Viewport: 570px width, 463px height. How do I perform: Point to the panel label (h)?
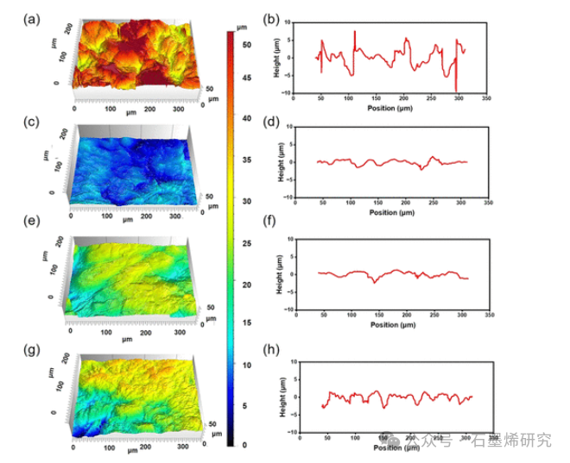pyautogui.click(x=271, y=351)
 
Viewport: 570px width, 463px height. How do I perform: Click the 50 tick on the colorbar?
pyautogui.click(x=247, y=43)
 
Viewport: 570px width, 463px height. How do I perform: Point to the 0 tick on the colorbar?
pyautogui.click(x=245, y=445)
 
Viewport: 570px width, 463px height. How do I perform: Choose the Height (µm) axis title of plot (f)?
pyautogui.click(x=279, y=274)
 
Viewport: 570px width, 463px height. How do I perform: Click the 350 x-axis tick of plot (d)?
pyautogui.click(x=488, y=203)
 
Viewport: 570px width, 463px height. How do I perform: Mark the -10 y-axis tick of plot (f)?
pyautogui.click(x=289, y=310)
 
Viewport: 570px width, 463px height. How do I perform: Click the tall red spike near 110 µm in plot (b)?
pyautogui.click(x=355, y=33)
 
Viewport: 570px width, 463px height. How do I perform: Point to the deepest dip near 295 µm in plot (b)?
pyautogui.click(x=455, y=90)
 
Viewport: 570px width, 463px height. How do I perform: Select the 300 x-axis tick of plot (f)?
pyautogui.click(x=460, y=315)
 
